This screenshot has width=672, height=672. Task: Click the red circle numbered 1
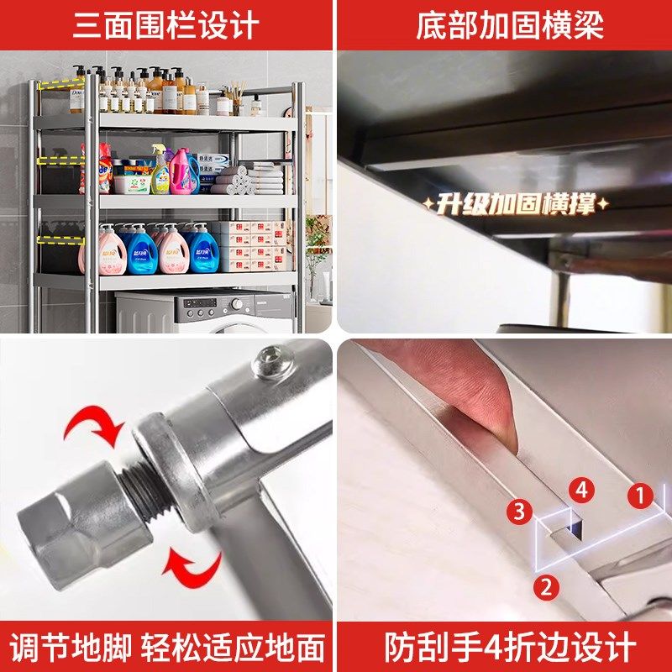(x=640, y=496)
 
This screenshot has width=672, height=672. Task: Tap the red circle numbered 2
(x=546, y=586)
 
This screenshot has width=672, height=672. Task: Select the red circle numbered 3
(x=520, y=510)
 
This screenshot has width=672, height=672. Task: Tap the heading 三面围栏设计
(x=166, y=25)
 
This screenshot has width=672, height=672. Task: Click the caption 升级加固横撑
(x=515, y=203)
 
